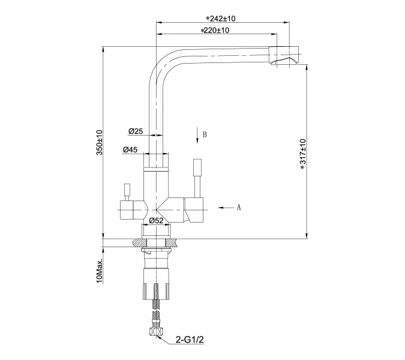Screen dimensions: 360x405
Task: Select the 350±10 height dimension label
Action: coord(100,143)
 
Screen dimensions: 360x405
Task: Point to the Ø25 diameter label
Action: coord(135,131)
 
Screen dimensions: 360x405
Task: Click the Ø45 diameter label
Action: coord(131,149)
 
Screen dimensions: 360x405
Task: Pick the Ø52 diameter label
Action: coord(157,221)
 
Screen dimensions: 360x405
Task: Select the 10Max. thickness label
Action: coord(100,272)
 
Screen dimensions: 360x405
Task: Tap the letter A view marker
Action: coord(238,208)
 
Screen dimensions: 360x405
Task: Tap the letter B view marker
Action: coord(205,134)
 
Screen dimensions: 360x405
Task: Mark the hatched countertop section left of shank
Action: coord(139,242)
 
